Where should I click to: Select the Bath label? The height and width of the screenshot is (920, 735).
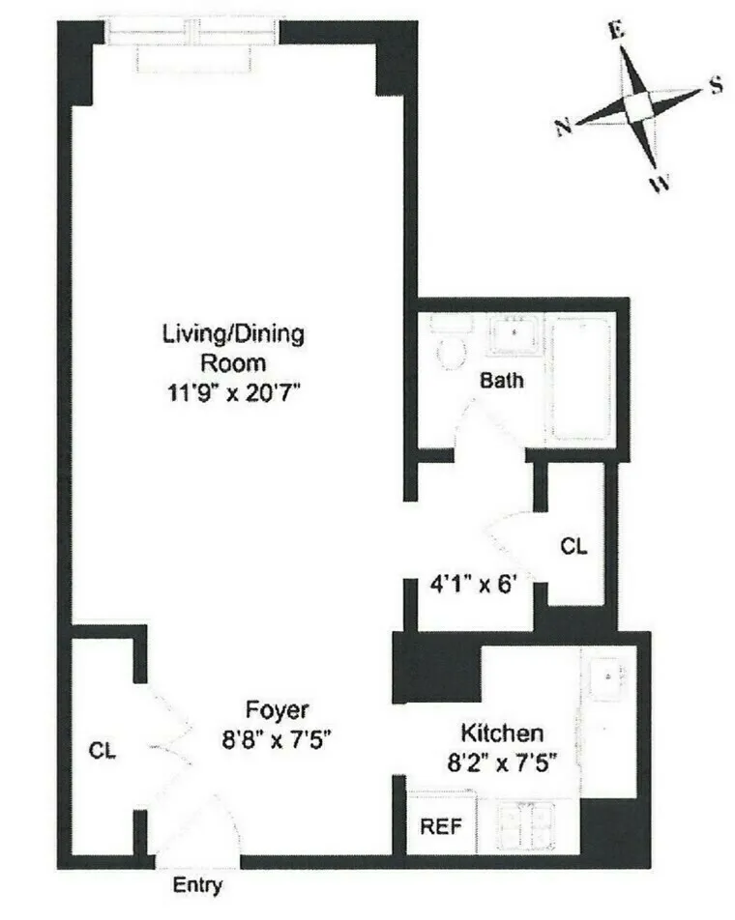click(x=502, y=380)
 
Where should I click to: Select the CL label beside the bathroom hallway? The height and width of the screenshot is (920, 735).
click(x=573, y=546)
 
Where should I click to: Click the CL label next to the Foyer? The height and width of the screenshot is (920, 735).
click(x=103, y=750)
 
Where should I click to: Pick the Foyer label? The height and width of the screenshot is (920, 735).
click(x=277, y=711)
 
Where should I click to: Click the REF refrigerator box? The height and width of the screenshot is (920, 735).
click(x=440, y=827)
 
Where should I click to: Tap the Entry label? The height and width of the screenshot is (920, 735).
click(x=197, y=884)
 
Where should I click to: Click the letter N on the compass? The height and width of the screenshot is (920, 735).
click(x=563, y=129)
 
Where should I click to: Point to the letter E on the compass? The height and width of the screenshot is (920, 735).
click(x=616, y=29)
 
